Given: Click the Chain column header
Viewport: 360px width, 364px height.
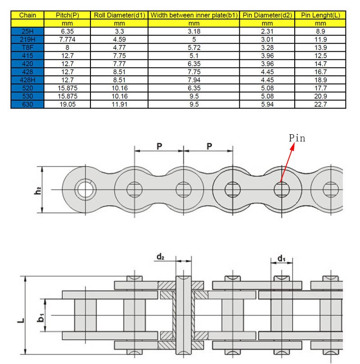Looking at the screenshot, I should point(27,15).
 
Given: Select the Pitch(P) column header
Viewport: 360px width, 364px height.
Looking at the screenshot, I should point(67,15).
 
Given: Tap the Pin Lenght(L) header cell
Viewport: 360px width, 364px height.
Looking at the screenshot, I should point(320,15).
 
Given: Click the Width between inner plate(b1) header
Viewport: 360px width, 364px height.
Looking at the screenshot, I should point(194,15).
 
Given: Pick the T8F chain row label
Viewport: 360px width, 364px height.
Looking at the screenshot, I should point(27,47).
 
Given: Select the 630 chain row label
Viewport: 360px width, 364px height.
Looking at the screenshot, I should point(27,104).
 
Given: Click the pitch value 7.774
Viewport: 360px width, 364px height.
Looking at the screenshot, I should point(67,40).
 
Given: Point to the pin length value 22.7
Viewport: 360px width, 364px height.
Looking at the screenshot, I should point(320,104).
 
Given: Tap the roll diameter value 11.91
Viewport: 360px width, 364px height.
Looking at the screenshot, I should point(119,104).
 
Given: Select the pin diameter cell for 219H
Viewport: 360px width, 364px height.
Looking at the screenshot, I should point(267,40).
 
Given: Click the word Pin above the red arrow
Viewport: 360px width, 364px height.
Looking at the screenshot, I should point(297,138).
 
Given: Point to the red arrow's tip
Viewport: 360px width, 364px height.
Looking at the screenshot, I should point(282,182).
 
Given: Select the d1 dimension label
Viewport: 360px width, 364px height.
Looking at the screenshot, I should point(281,258).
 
